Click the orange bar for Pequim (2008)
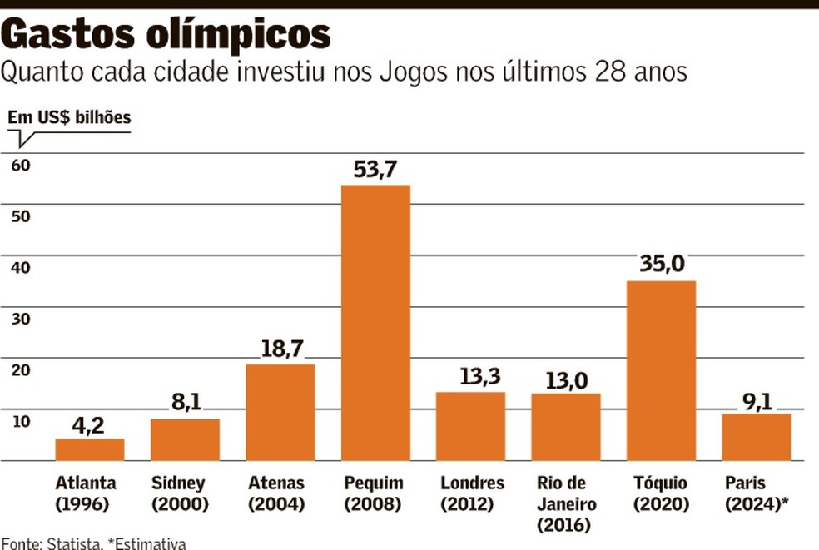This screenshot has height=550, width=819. click(375, 323)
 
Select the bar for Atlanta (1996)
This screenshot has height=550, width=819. click(90, 449)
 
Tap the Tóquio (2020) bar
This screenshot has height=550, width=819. click(661, 370)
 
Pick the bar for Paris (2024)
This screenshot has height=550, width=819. click(756, 437)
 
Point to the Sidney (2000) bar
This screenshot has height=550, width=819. click(185, 439)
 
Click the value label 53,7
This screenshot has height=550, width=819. click(375, 171)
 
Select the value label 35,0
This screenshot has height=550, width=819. click(662, 265)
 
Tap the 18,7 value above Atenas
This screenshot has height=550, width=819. click(280, 349)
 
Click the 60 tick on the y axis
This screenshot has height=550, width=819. click(20, 165)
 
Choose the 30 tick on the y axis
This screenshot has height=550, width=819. click(20, 319)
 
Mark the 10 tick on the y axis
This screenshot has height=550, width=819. click(20, 421)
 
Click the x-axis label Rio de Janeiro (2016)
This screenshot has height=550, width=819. click(566, 504)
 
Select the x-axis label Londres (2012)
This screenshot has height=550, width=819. click(471, 493)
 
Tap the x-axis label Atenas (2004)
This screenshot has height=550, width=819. click(277, 493)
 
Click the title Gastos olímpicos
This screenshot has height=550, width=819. click(166, 34)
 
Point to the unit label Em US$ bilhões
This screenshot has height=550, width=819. click(70, 117)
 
